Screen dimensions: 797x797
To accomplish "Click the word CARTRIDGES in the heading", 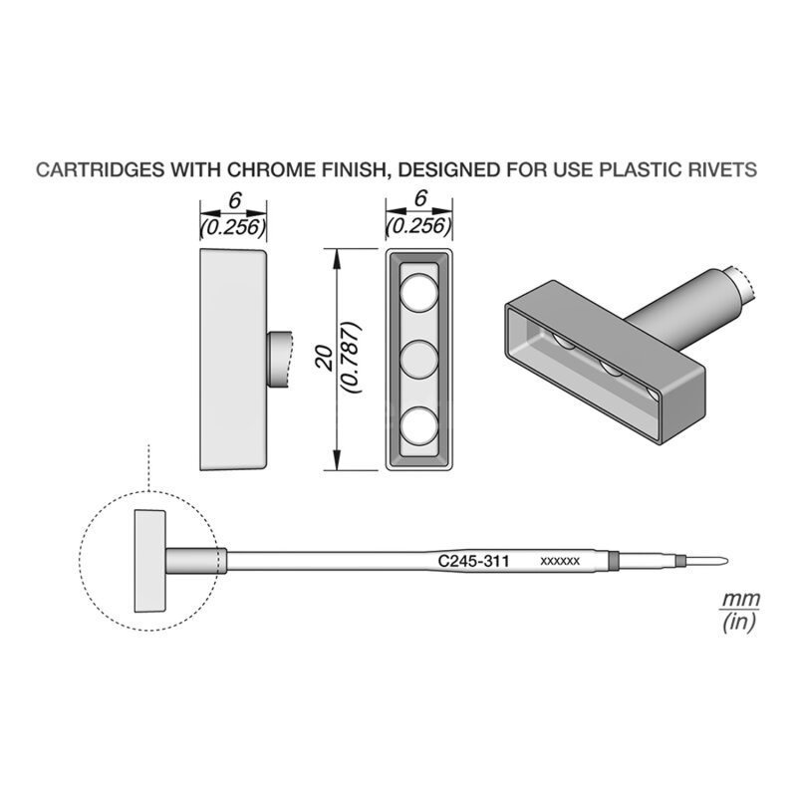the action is coord(101,169).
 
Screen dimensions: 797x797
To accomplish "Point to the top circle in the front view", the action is coord(418,293).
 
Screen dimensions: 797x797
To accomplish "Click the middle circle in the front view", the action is coord(418,360).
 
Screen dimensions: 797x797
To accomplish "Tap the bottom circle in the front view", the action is coord(418,425).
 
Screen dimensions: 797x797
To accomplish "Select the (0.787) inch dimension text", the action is coord(353,358).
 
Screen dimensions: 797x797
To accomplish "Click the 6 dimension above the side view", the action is coord(234,201).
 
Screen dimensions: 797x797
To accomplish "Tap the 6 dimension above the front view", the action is coord(419,198).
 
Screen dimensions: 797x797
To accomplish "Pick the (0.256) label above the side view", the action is coord(233,228).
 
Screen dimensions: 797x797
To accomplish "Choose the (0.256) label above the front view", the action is coord(419,225).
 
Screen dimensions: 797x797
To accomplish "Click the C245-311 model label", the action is coord(473,561).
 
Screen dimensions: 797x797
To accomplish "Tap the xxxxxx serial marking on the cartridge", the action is coord(560,562).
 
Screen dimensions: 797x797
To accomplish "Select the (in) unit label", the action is coord(739,621).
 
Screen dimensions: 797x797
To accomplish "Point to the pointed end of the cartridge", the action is coord(727,561).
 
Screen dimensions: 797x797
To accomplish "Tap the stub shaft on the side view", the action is coord(279,360).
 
